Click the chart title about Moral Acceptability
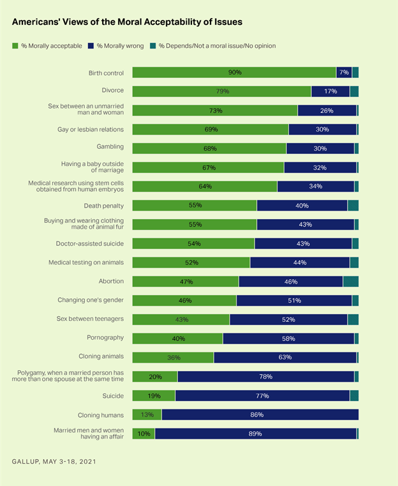click(x=127, y=21)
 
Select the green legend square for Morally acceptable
click(x=15, y=46)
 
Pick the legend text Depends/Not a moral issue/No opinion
click(x=217, y=46)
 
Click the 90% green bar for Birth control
click(x=234, y=73)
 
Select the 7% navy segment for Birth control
click(x=344, y=73)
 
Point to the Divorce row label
click(x=112, y=91)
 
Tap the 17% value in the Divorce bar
click(x=330, y=91)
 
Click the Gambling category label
click(x=110, y=148)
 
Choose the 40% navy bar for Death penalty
click(x=302, y=206)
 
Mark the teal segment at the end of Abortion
click(x=350, y=282)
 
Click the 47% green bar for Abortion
click(x=186, y=282)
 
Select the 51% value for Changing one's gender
click(x=295, y=300)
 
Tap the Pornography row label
click(x=105, y=337)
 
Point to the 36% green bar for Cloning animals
click(x=173, y=357)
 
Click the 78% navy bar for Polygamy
click(x=266, y=377)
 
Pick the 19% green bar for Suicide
click(x=154, y=395)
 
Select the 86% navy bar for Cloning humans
click(x=260, y=414)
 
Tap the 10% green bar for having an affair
click(x=144, y=434)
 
